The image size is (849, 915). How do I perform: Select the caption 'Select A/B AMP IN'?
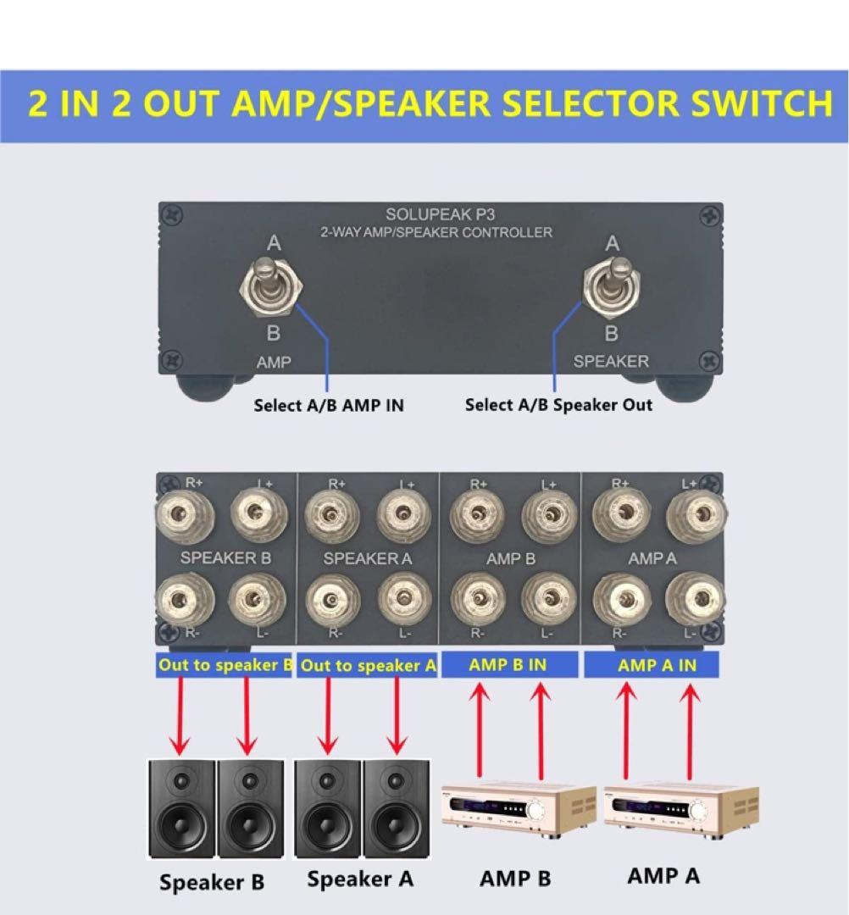coord(329,406)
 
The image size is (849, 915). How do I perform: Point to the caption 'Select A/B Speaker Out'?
coord(558,405)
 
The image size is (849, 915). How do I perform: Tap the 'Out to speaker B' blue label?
coord(225,665)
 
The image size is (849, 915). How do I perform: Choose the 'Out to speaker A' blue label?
coord(368,666)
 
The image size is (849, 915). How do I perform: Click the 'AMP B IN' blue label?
coord(508,665)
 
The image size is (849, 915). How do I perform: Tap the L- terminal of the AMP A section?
coord(694,598)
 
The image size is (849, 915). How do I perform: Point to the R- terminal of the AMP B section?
coord(479,597)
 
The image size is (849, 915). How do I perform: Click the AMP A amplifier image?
coord(681,809)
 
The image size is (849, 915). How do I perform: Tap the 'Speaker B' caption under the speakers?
coord(212,882)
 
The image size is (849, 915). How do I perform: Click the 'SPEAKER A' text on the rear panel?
coord(367,558)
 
